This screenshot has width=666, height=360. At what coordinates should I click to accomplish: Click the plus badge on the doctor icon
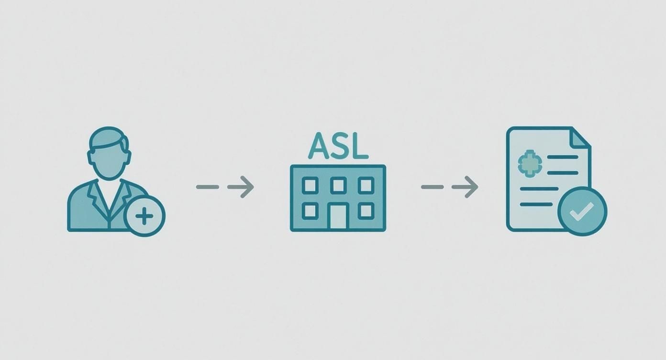pyautogui.click(x=144, y=216)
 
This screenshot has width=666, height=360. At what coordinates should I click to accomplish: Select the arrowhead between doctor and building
pyautogui.click(x=245, y=187)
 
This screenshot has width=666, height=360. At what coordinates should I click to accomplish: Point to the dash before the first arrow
pyautogui.click(x=207, y=187)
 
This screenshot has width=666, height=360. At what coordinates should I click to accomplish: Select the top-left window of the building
pyautogui.click(x=310, y=185)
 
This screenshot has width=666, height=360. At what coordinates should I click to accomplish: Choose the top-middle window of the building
pyautogui.click(x=338, y=185)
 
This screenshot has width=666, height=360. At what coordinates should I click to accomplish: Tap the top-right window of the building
pyautogui.click(x=366, y=185)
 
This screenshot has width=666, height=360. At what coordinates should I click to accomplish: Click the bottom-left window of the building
pyautogui.click(x=310, y=210)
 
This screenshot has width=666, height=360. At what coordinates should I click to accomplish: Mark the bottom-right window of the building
pyautogui.click(x=366, y=210)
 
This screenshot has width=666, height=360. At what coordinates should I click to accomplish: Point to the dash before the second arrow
pyautogui.click(x=432, y=187)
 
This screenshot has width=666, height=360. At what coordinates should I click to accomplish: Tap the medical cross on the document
pyautogui.click(x=529, y=163)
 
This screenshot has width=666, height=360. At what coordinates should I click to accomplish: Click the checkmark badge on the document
pyautogui.click(x=582, y=211)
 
